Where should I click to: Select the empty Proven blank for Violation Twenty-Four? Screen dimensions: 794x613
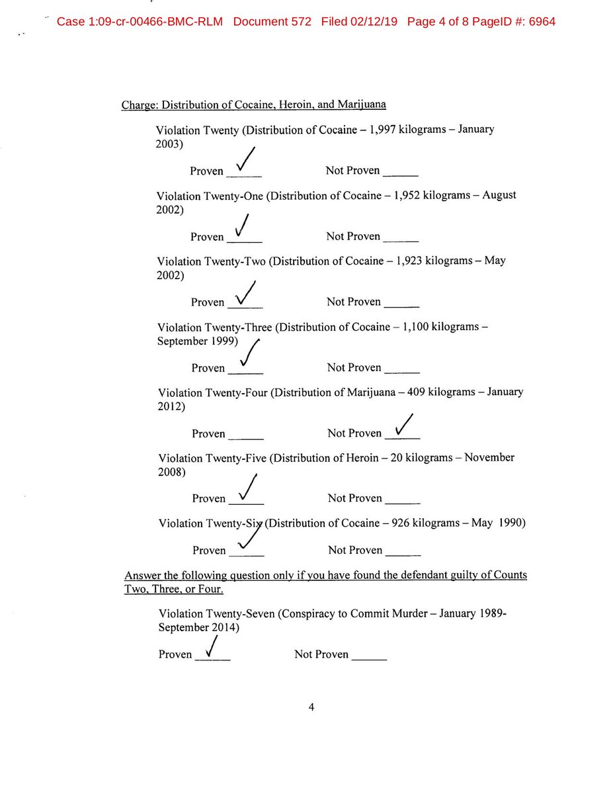pyautogui.click(x=246, y=438)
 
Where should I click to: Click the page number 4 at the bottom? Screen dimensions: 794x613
pyautogui.click(x=311, y=707)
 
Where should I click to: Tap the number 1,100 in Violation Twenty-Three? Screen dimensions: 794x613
pyautogui.click(x=411, y=327)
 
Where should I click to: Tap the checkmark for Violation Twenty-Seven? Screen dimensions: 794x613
pyautogui.click(x=211, y=648)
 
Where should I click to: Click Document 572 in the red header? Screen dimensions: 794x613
pyautogui.click(x=272, y=21)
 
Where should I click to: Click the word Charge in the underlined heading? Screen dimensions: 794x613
pyautogui.click(x=140, y=105)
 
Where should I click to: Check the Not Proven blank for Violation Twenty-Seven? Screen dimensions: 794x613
pyautogui.click(x=369, y=658)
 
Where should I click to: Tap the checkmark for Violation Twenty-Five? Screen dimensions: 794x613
pyautogui.click(x=247, y=490)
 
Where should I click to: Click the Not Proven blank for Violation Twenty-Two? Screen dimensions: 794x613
pyautogui.click(x=401, y=306)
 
